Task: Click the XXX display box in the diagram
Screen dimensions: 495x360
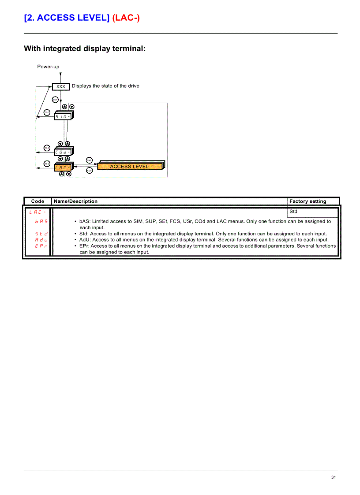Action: tap(61, 86)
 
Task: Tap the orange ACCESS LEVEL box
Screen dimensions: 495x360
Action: tap(129, 166)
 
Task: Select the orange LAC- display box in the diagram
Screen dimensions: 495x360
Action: tap(62, 167)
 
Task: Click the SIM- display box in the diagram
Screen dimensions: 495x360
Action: tap(62, 116)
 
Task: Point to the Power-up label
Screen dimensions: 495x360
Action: tap(48, 67)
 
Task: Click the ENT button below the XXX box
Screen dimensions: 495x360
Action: tap(55, 99)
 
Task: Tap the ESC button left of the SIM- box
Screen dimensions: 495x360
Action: tap(47, 112)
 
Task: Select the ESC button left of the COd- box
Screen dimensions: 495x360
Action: tap(47, 148)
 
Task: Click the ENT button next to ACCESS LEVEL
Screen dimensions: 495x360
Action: tap(89, 160)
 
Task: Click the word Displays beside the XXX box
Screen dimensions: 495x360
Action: tap(82, 86)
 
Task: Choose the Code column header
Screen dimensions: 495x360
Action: tap(37, 201)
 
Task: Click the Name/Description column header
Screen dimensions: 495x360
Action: tap(75, 201)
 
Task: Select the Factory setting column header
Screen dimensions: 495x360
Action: tap(308, 201)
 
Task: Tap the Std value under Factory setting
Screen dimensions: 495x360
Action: tap(293, 212)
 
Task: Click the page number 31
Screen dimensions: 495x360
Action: tap(334, 477)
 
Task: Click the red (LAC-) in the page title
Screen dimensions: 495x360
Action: tap(126, 18)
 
